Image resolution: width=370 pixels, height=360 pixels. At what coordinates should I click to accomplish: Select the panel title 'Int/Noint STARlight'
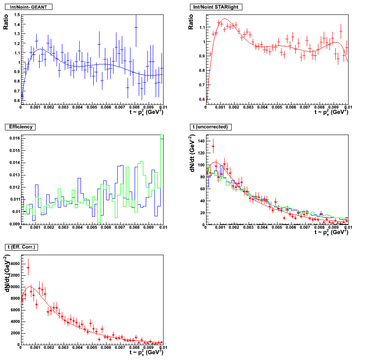(x=216, y=7)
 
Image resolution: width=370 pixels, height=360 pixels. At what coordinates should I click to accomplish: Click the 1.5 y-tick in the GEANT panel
(x=17, y=15)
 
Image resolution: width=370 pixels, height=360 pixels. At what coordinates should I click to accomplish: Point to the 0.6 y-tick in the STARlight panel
(x=201, y=99)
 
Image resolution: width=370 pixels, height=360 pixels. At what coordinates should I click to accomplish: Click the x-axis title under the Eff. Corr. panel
(x=146, y=352)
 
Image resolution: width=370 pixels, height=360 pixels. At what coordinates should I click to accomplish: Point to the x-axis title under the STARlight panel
(x=331, y=112)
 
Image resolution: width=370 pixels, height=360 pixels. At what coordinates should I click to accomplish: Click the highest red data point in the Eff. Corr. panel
(x=28, y=268)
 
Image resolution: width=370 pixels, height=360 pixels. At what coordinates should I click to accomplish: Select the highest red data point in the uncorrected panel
(x=213, y=146)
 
